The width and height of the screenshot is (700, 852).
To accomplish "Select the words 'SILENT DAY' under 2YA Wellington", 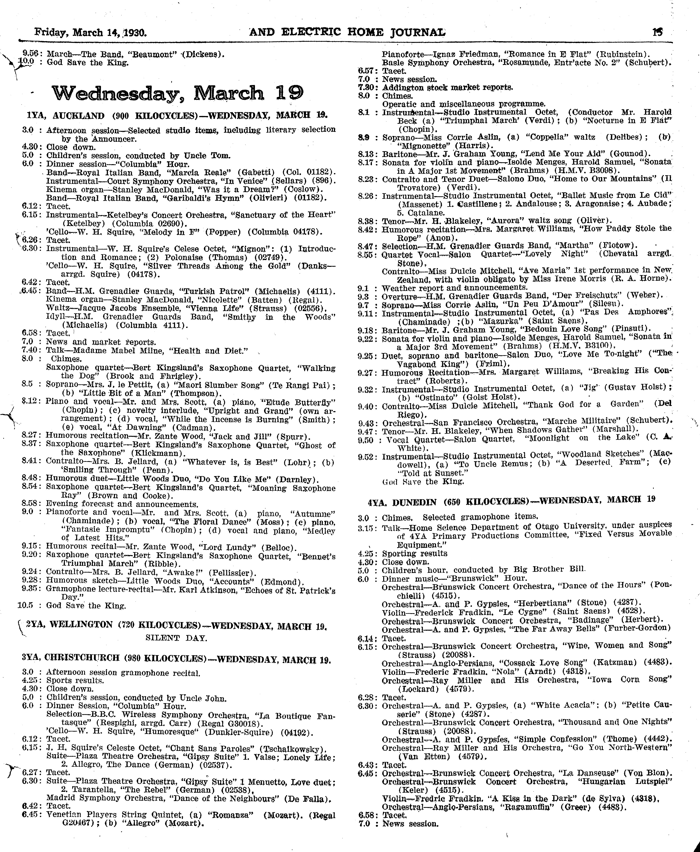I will click(x=176, y=638).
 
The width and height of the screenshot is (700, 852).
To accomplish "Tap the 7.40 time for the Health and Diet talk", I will click(x=31, y=350).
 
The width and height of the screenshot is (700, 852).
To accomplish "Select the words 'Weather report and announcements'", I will click(x=454, y=288).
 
